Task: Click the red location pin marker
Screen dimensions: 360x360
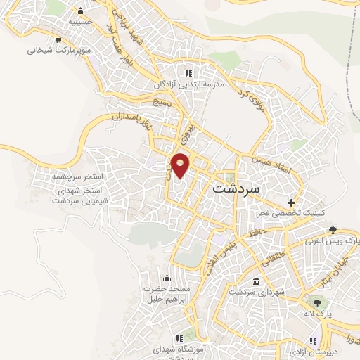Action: [181, 165]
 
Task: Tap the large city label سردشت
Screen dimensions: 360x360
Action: [235, 189]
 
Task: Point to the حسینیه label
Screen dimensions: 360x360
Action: [79, 22]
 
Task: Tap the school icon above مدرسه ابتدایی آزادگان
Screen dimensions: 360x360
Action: [188, 72]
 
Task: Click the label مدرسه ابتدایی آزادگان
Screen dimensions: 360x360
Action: [188, 84]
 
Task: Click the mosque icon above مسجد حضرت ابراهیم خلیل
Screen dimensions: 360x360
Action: [166, 278]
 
